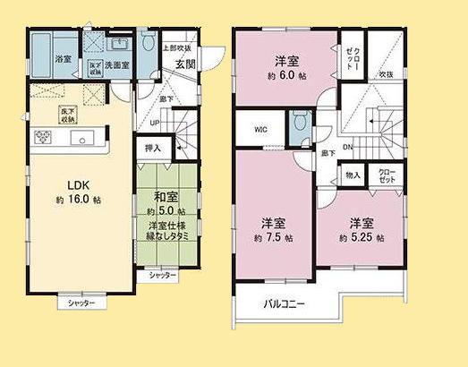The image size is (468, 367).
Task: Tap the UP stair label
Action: [155, 122]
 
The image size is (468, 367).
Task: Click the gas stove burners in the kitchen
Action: [44, 137]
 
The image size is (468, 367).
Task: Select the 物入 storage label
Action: [352, 175]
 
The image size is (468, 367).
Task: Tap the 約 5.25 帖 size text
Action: [362, 238]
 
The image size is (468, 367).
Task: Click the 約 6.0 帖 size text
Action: [285, 76]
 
